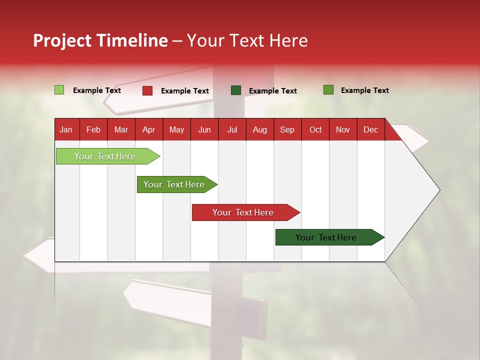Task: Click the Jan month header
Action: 66,130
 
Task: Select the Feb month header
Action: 93,130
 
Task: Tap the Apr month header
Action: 148,130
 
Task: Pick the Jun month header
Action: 204,130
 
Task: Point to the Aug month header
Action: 260,130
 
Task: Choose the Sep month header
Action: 287,130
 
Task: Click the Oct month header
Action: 315,130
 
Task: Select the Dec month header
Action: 370,130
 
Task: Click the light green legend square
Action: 59,90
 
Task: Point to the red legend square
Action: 147,90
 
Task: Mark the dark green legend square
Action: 236,90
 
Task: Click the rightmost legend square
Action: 328,90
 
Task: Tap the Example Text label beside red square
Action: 185,91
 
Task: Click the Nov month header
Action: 343,130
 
